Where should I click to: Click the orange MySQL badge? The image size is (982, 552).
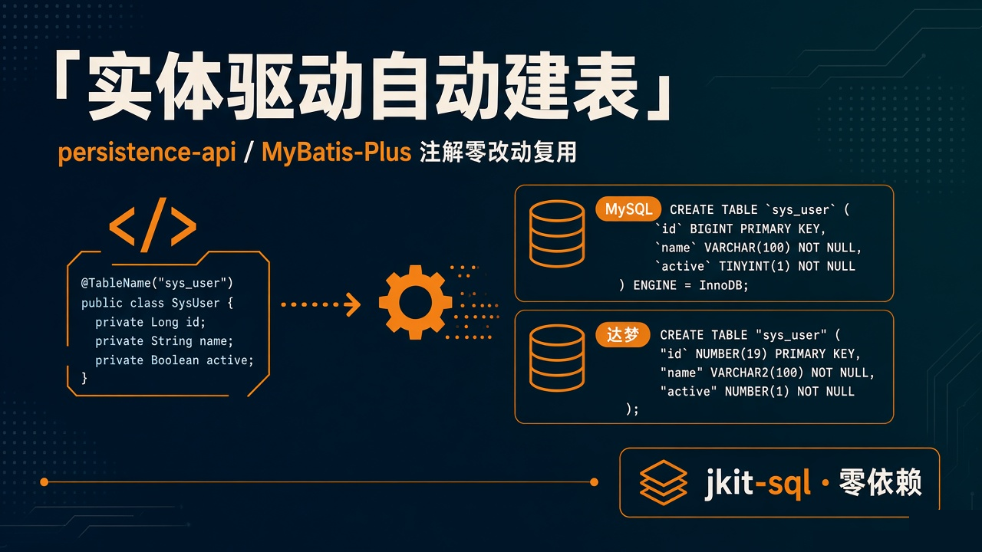tap(628, 209)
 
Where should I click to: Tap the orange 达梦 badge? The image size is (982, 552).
tap(622, 335)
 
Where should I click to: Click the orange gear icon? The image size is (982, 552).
tap(415, 302)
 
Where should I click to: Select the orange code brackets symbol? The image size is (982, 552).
tap(153, 225)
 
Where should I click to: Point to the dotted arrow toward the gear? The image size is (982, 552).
tap(321, 304)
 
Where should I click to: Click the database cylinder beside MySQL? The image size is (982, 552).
tap(557, 234)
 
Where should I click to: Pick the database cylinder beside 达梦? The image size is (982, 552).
tap(557, 358)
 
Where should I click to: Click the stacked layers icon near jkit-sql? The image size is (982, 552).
tap(663, 482)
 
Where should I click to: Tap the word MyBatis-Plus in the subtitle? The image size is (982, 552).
tap(336, 153)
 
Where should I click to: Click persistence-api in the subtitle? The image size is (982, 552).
tap(147, 153)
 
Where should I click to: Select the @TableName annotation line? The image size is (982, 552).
tap(157, 283)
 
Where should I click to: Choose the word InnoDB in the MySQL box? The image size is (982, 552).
tap(723, 285)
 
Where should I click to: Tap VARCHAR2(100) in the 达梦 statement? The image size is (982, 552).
tap(757, 373)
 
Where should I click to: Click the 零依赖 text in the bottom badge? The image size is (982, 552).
tap(880, 482)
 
